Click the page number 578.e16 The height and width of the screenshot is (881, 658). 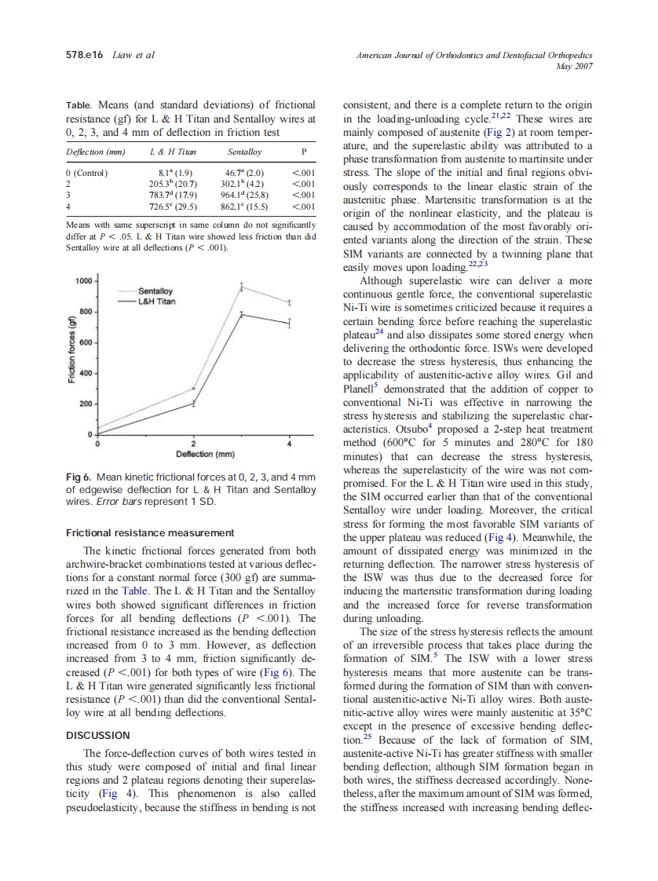pyautogui.click(x=85, y=55)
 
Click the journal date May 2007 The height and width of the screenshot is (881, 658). pyautogui.click(x=573, y=66)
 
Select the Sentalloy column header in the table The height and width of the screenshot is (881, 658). pyautogui.click(x=244, y=152)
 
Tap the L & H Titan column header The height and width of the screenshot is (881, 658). pyautogui.click(x=173, y=152)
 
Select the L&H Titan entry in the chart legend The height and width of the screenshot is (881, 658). pyautogui.click(x=156, y=301)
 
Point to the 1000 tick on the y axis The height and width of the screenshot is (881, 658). pyautogui.click(x=82, y=280)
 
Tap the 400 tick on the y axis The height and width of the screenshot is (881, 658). pyautogui.click(x=86, y=373)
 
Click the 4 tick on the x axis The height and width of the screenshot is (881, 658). pyautogui.click(x=290, y=444)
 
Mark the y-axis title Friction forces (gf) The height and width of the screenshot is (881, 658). pyautogui.click(x=71, y=356)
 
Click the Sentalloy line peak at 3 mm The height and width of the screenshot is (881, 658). pyautogui.click(x=242, y=286)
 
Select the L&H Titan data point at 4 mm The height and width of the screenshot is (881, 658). pyautogui.click(x=290, y=323)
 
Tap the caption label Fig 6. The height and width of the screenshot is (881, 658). pyautogui.click(x=79, y=477)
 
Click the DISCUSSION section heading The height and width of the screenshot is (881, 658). pyautogui.click(x=98, y=735)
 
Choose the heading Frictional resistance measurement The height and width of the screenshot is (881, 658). pyautogui.click(x=150, y=532)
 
